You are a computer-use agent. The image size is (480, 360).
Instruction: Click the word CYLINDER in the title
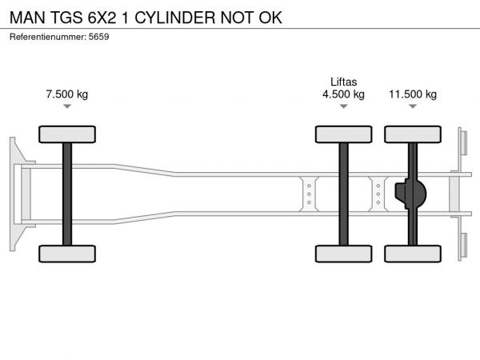pyautogui.click(x=175, y=18)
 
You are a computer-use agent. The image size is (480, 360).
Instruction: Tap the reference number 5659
pyautogui.click(x=98, y=37)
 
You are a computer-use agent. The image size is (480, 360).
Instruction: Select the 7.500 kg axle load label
pyautogui.click(x=67, y=94)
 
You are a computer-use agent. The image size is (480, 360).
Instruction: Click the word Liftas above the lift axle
pyautogui.click(x=343, y=82)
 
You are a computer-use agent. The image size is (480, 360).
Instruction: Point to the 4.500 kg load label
pyautogui.click(x=343, y=94)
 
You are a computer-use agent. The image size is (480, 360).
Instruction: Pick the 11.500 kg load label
pyautogui.click(x=413, y=94)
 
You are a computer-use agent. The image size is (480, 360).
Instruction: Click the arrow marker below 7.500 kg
pyautogui.click(x=67, y=106)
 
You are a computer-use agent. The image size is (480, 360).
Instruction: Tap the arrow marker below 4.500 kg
pyautogui.click(x=343, y=106)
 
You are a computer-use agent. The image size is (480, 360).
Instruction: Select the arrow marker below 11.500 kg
pyautogui.click(x=413, y=106)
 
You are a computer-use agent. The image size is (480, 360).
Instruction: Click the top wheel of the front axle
pyautogui.click(x=67, y=134)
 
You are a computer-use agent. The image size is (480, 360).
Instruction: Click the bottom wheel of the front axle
pyautogui.click(x=67, y=254)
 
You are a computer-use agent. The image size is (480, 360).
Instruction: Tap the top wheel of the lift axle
pyautogui.click(x=343, y=134)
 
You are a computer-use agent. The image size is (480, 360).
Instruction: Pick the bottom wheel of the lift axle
pyautogui.click(x=343, y=254)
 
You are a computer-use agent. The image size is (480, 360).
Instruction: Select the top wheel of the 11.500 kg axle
pyautogui.click(x=413, y=134)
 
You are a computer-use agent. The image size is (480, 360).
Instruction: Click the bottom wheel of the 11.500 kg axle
pyautogui.click(x=413, y=254)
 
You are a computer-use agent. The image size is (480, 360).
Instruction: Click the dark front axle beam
pyautogui.click(x=67, y=194)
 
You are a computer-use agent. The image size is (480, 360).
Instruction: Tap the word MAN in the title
pyautogui.click(x=27, y=18)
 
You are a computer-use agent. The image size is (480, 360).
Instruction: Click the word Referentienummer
pyautogui.click(x=48, y=37)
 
